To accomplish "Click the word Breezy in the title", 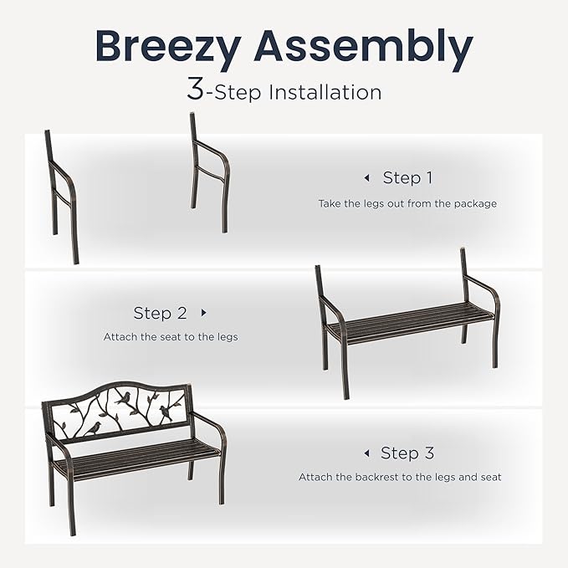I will (167, 46).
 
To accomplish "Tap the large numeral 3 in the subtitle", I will (195, 90).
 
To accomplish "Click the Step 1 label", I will (407, 177).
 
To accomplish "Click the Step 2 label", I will (160, 313).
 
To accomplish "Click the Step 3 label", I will (407, 453).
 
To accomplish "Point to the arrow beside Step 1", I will (366, 178).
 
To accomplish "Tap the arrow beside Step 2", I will (203, 313).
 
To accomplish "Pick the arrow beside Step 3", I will (366, 453).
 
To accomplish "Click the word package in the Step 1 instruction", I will (474, 203).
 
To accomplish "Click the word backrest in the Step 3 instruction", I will (373, 477).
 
